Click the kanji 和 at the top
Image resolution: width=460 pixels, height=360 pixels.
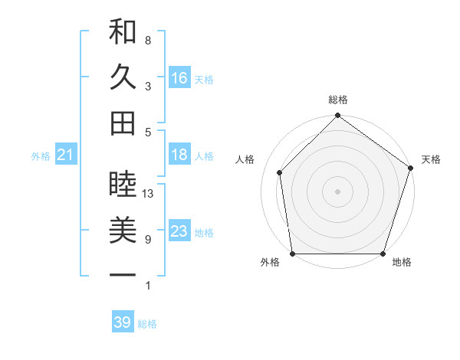tap(123, 33)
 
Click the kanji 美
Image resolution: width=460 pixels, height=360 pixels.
tap(123, 230)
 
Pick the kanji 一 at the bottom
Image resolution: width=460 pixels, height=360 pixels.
tap(123, 274)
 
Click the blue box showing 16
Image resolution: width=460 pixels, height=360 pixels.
tap(179, 77)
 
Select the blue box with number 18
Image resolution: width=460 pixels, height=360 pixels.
tap(179, 155)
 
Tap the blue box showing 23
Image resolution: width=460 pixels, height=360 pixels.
tap(179, 231)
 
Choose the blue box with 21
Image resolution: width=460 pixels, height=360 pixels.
tap(65, 155)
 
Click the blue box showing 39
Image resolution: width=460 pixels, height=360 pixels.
tap(122, 322)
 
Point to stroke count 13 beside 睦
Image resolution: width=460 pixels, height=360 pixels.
tap(148, 194)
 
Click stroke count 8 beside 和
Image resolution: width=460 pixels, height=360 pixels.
tap(148, 40)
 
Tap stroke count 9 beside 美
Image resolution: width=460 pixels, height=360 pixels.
tap(148, 240)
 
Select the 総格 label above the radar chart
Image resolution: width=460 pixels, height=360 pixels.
tap(338, 100)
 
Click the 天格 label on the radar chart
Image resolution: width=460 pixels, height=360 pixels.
tap(432, 159)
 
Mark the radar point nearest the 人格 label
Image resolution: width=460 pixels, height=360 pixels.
tap(280, 172)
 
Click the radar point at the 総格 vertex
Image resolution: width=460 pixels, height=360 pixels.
tap(337, 116)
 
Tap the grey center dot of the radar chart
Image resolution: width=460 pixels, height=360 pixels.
tap(337, 191)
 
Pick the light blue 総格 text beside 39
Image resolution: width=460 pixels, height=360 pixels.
tap(147, 324)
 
